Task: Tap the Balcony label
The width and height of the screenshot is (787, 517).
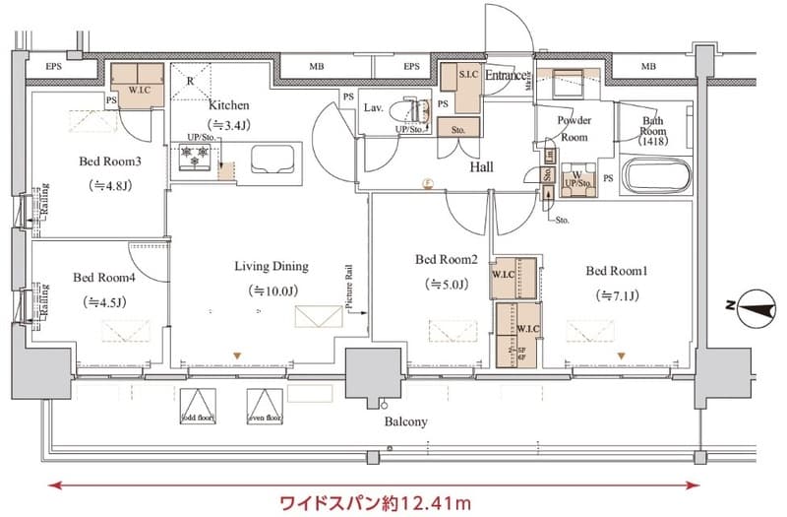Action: pos(404,422)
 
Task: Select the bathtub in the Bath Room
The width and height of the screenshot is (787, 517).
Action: pos(658,178)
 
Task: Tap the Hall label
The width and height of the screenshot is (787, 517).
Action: pos(481,167)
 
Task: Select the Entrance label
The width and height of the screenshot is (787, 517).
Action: pos(504,75)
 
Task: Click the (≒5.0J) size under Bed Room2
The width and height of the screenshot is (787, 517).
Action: pos(446,285)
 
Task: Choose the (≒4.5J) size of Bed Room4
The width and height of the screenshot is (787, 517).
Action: pos(104,301)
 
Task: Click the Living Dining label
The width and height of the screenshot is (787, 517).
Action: pos(272,266)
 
